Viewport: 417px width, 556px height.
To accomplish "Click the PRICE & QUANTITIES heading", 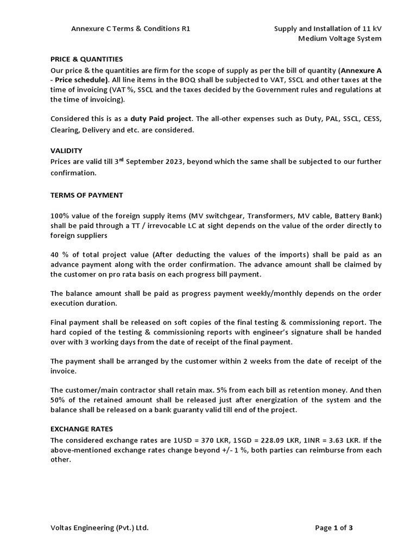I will pyautogui.click(x=86, y=59).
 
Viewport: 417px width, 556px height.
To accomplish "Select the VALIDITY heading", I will pyautogui.click(x=66, y=150).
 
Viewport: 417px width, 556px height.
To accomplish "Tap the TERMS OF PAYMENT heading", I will pyautogui.click(x=86, y=195).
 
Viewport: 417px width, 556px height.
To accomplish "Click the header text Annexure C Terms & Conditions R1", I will pyautogui.click(x=130, y=29).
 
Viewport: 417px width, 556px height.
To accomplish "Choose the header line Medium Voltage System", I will pyautogui.click(x=340, y=39).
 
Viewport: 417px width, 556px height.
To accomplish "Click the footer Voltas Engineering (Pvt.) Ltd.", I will pyautogui.click(x=99, y=527).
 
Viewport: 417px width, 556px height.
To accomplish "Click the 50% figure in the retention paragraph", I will pyautogui.click(x=59, y=400).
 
